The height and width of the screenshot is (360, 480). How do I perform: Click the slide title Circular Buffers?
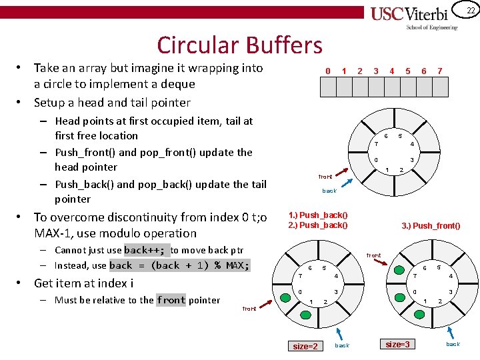coord(239,45)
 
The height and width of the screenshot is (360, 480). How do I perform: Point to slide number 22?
coord(469,10)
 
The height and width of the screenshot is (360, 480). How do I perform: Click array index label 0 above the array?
coord(327,71)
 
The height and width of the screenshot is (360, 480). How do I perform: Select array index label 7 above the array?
coord(439,71)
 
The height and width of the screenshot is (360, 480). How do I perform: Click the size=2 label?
coord(306,346)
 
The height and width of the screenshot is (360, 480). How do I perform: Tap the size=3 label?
coord(398,344)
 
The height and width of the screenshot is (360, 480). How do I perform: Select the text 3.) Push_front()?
coord(431,226)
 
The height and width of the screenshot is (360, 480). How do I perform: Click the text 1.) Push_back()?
coord(317,215)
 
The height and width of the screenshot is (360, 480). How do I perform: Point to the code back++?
coord(146,250)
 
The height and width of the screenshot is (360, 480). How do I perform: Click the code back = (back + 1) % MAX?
coord(179,265)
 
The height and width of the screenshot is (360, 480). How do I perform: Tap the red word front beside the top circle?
coord(325,177)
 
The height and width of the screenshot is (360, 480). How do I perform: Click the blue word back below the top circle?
coord(329,191)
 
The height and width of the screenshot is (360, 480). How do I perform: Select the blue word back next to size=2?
coord(341,345)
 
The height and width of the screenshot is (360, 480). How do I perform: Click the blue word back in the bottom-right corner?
coord(453,344)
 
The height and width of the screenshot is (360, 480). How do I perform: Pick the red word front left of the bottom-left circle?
coord(249,309)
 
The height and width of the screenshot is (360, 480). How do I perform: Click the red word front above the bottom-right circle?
coord(374,255)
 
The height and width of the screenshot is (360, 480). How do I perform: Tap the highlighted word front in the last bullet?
coord(171,300)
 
